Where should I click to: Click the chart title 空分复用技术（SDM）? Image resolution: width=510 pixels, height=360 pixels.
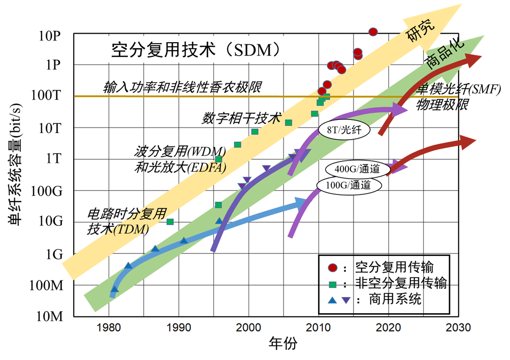pyautogui.click(x=196, y=50)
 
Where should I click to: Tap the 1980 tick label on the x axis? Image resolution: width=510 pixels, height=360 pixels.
pyautogui.click(x=108, y=327)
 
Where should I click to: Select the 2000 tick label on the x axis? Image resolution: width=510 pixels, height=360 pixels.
pyautogui.click(x=248, y=327)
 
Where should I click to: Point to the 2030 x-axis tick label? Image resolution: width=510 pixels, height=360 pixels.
pyautogui.click(x=459, y=327)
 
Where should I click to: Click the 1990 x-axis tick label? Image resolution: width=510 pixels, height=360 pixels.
pyautogui.click(x=178, y=327)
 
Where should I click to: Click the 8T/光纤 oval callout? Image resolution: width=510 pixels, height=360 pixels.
pyautogui.click(x=344, y=130)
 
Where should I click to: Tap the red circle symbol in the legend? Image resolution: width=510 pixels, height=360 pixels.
pyautogui.click(x=332, y=267)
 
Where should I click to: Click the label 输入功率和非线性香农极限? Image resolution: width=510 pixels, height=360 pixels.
pyautogui.click(x=182, y=87)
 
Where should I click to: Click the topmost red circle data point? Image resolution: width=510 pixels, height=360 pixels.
pyautogui.click(x=373, y=31)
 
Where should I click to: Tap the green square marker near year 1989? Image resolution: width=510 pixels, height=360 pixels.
pyautogui.click(x=170, y=222)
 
